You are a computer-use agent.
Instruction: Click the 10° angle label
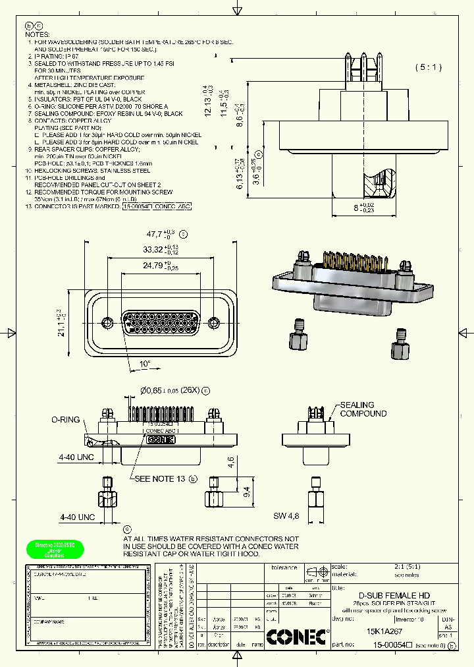coord(144,364)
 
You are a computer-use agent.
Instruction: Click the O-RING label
coord(66,419)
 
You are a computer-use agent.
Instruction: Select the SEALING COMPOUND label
coord(363,409)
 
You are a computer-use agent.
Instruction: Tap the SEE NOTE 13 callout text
coord(159,478)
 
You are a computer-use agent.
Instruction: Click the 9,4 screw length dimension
coord(247,491)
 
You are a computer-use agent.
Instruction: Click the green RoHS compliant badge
coord(55,550)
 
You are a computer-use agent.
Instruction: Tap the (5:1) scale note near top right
coord(429,67)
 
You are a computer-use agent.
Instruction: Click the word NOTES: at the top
coord(37,34)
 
